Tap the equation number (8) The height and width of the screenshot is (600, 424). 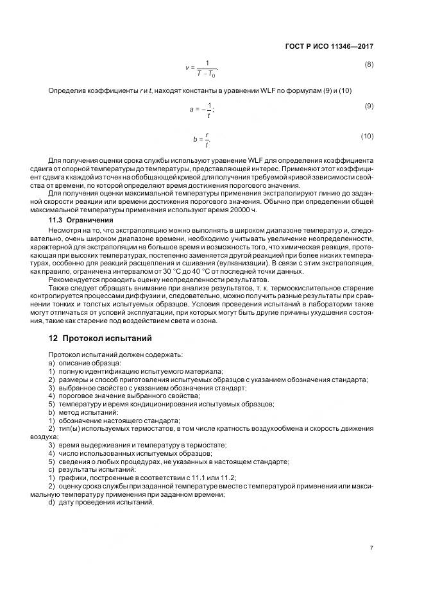click(x=369, y=65)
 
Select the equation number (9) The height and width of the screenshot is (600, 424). click(x=369, y=106)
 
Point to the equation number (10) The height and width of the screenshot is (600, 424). click(x=367, y=136)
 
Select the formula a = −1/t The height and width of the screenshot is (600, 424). click(x=202, y=110)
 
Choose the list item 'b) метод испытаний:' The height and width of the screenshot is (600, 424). click(x=79, y=412)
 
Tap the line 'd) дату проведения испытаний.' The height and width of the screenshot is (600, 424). click(x=101, y=502)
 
